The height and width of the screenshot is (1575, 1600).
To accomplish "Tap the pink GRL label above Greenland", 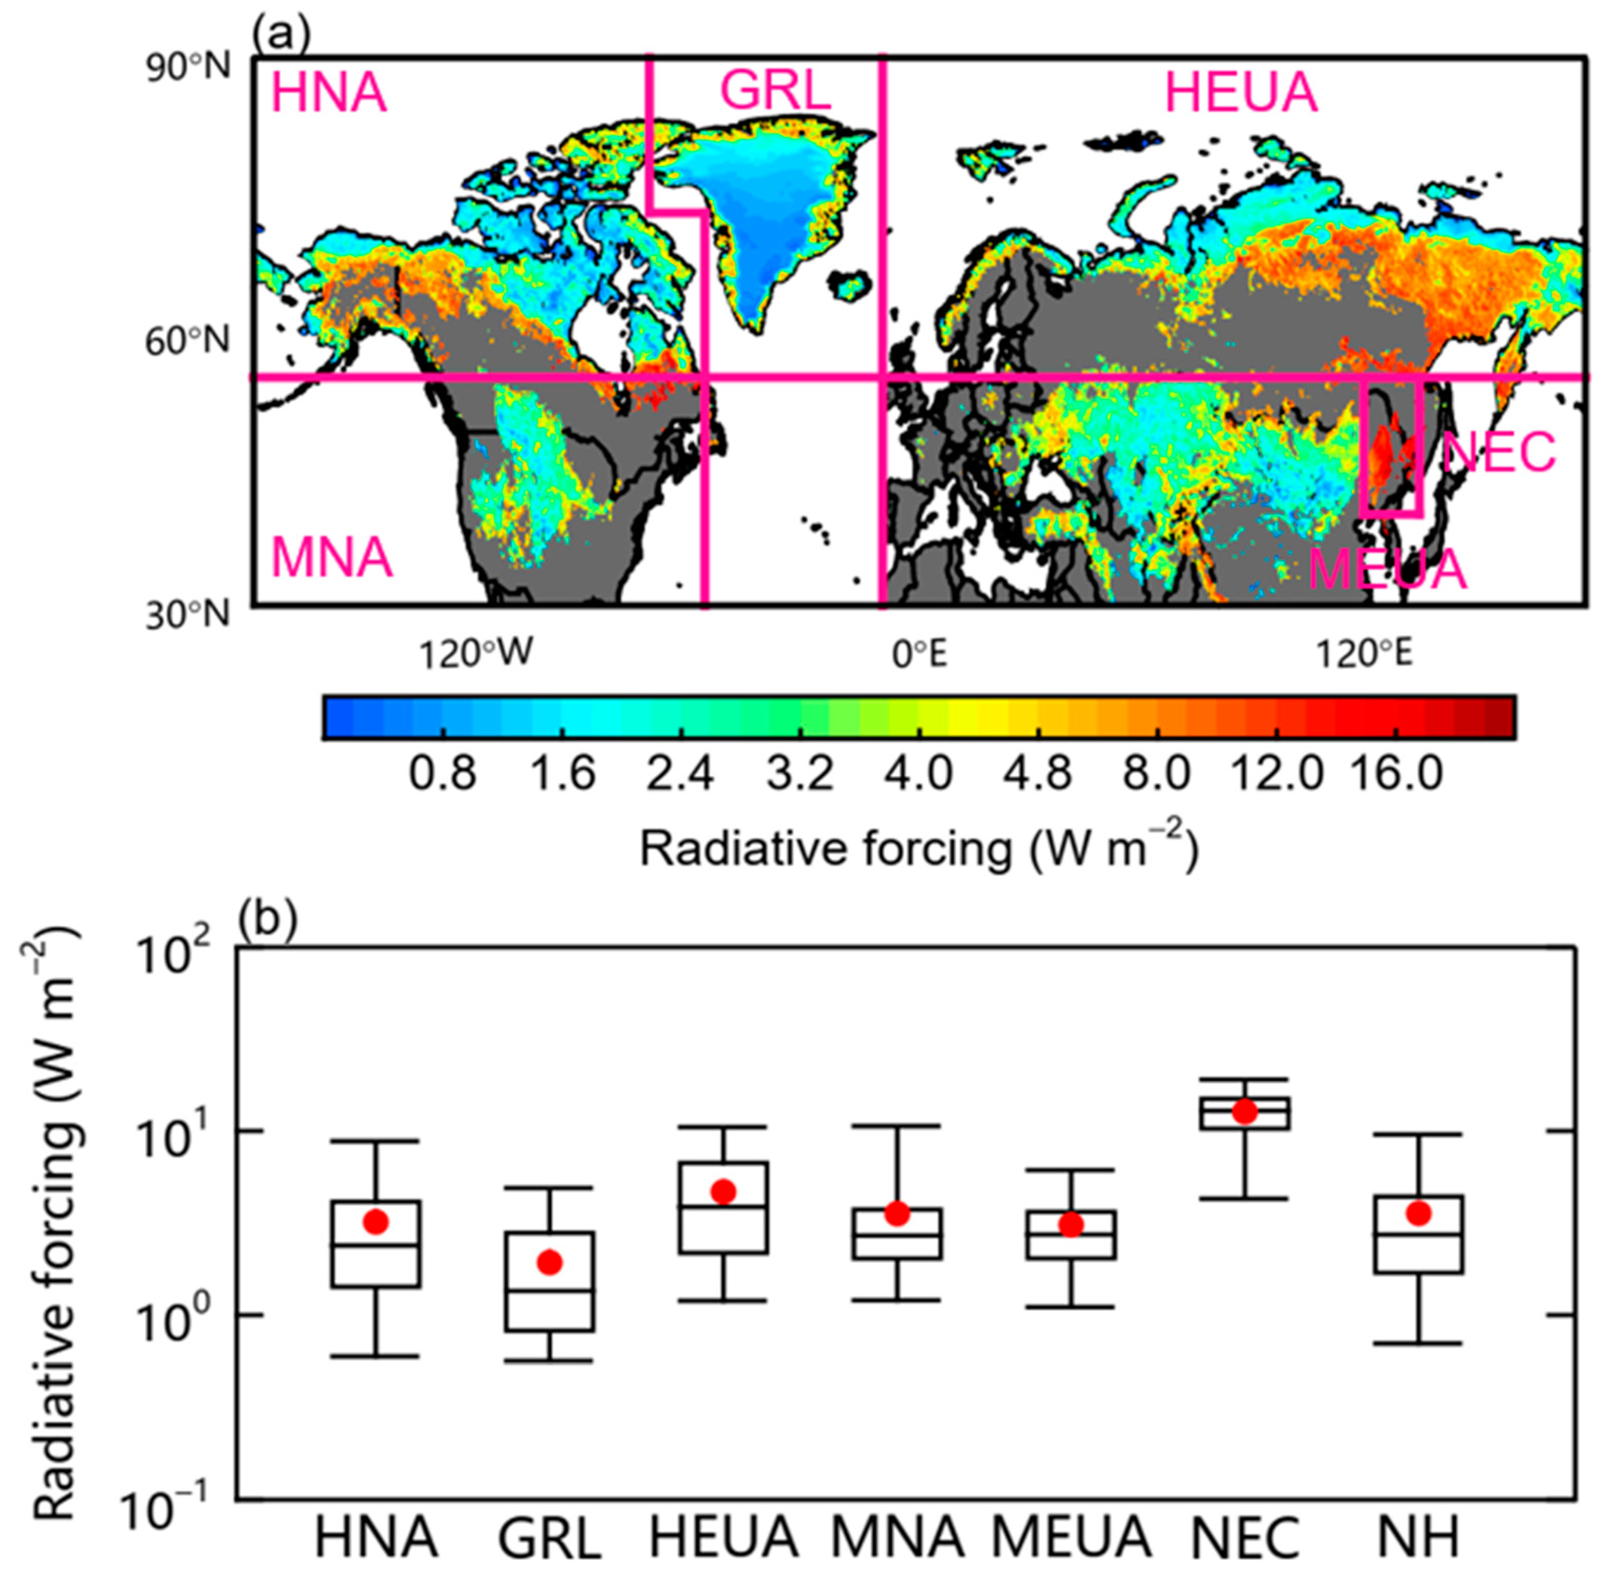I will coord(775,91).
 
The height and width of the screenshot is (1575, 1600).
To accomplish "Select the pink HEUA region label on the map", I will coord(1241,93).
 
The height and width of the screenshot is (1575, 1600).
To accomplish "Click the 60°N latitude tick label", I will coord(188,341).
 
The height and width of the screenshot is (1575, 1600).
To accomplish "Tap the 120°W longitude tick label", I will coord(476,655).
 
